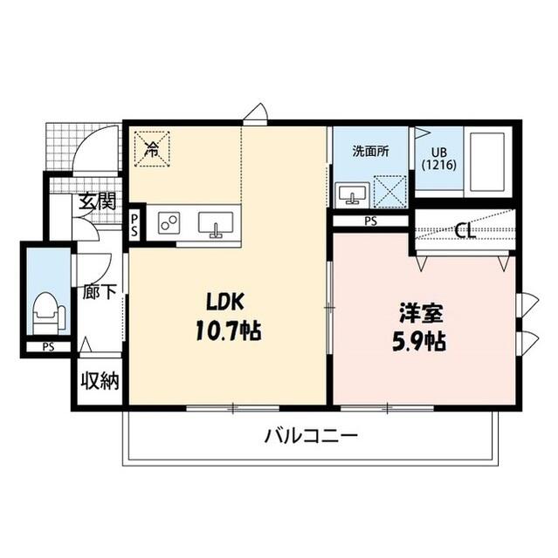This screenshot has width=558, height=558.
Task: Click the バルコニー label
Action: (x=312, y=435)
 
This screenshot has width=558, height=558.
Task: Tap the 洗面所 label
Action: (x=369, y=150)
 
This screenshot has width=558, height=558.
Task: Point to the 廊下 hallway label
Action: (x=99, y=292)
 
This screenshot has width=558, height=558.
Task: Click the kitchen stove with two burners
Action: (x=169, y=223)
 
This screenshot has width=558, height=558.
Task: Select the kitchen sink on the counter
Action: (x=215, y=224)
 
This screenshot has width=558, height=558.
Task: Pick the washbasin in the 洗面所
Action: (x=353, y=193)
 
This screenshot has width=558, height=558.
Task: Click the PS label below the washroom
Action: (x=370, y=221)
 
